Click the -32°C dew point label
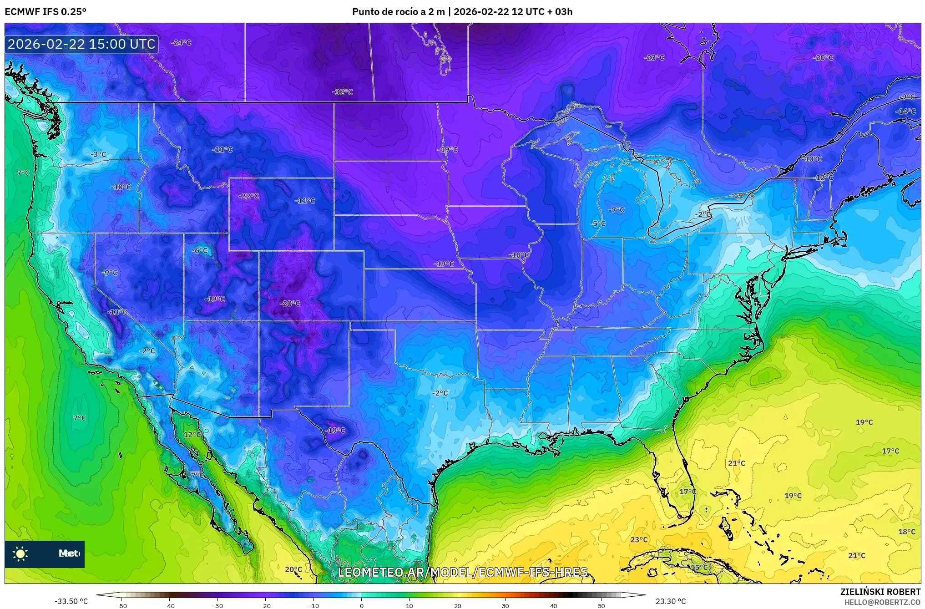pyautogui.click(x=343, y=92)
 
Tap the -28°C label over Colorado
pyautogui.click(x=290, y=304)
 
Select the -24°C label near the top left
pyautogui.click(x=181, y=43)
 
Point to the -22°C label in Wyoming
pyautogui.click(x=248, y=196)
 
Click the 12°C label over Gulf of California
pyautogui.click(x=192, y=435)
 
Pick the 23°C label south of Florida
pyautogui.click(x=639, y=540)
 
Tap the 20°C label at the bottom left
pyautogui.click(x=293, y=569)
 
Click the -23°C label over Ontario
pyautogui.click(x=654, y=58)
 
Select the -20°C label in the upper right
pyautogui.click(x=823, y=58)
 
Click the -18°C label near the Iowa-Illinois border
pyautogui.click(x=519, y=255)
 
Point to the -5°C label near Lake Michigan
pyautogui.click(x=598, y=224)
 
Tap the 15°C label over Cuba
pyautogui.click(x=699, y=568)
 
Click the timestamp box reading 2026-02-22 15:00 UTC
pyautogui.click(x=82, y=44)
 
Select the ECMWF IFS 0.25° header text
pyautogui.click(x=45, y=12)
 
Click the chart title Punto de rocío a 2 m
pyautogui.click(x=398, y=12)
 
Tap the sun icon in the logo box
pyautogui.click(x=20, y=554)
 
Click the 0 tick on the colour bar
pyautogui.click(x=362, y=606)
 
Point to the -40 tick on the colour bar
pyautogui.click(x=169, y=606)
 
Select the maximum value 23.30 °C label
pyautogui.click(x=671, y=601)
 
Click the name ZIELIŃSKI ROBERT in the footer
pyautogui.click(x=880, y=592)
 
